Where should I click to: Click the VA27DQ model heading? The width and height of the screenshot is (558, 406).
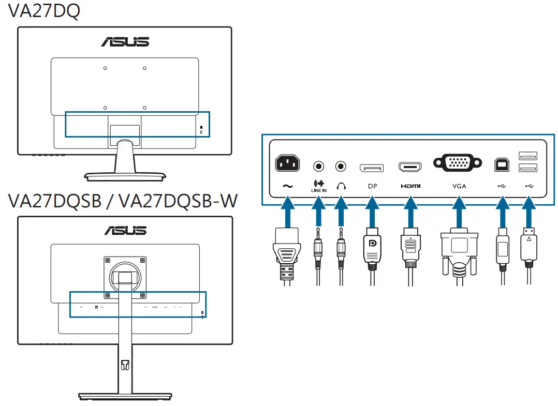(44, 11)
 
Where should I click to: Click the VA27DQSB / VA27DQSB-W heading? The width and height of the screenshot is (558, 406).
(123, 201)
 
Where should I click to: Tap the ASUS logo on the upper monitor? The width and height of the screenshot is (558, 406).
(125, 41)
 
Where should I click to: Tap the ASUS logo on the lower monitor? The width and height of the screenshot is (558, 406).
(125, 230)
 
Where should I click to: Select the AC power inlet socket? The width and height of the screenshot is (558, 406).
(287, 164)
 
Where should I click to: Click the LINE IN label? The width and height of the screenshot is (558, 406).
(319, 187)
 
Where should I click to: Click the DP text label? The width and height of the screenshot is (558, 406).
(372, 186)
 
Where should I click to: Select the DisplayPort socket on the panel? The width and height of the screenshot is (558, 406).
(372, 168)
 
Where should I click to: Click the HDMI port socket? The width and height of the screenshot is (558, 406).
(410, 167)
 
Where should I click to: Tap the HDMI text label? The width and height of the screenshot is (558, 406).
(410, 186)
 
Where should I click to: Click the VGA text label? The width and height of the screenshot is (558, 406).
(459, 186)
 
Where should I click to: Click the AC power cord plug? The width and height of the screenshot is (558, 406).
(287, 253)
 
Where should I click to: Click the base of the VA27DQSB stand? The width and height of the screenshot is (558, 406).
(125, 396)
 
